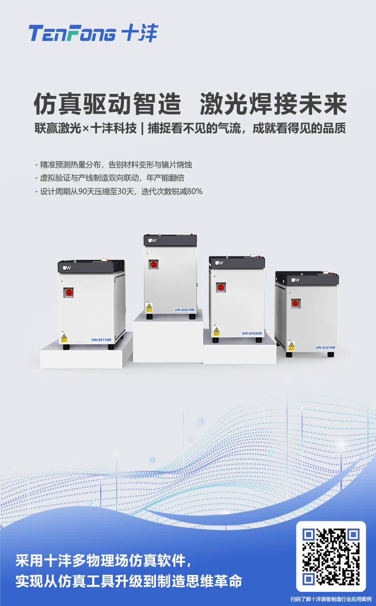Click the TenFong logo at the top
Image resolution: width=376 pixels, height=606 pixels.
coord(94,33)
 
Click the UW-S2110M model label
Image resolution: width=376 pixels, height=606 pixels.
coord(101,340)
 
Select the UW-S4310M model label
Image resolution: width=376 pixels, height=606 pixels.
coord(184,310)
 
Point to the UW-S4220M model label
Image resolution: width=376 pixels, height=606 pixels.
coord(252,334)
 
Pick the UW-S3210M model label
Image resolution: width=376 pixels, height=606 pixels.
coord(325,347)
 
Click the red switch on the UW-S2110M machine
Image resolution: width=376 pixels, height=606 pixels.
coord(69,292)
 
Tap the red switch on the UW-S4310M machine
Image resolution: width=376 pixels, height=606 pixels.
coord(154,264)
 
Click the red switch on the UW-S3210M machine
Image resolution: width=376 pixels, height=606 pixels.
coord(296,303)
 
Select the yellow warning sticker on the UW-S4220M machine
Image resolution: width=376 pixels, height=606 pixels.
coord(216,332)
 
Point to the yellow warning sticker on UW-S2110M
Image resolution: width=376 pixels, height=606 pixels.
coord(64,338)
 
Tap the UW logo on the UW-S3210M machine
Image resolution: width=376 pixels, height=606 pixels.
coord(295,280)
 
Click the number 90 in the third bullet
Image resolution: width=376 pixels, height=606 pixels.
coord(82,192)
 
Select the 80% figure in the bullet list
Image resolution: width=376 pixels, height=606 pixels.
coord(195,192)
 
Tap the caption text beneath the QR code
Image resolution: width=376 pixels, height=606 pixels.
coord(331,599)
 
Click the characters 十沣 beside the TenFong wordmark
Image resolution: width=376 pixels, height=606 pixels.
coord(140,33)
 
